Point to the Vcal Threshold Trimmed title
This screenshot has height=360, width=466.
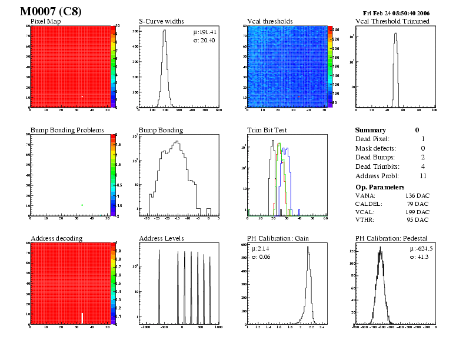tap(392, 22)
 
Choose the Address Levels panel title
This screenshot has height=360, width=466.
tap(161, 238)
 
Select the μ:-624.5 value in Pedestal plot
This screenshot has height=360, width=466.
tap(421, 249)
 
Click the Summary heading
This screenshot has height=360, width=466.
tap(371, 130)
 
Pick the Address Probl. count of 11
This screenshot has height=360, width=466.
tap(423, 176)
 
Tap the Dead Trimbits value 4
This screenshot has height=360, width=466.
tap(423, 167)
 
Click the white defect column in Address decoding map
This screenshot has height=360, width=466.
tap(82, 318)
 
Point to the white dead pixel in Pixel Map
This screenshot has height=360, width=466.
tap(82, 96)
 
